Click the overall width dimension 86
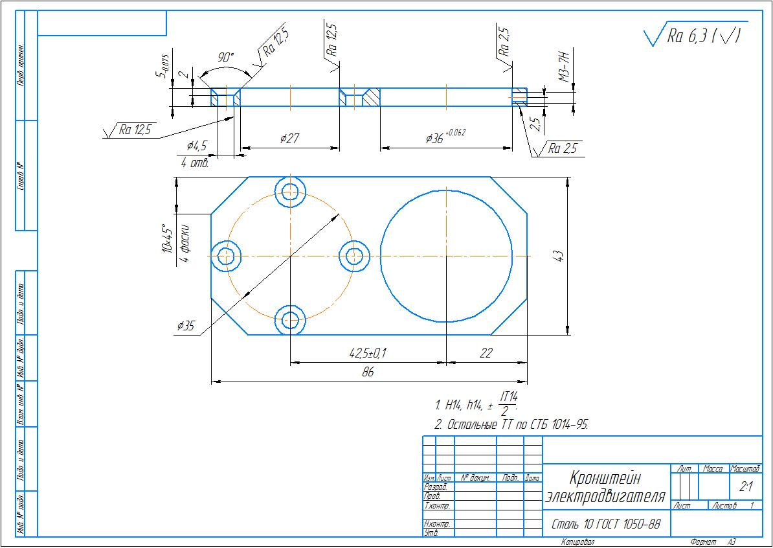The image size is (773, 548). coord(368,372)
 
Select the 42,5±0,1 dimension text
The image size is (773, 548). coord(368,353)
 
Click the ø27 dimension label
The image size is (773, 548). coord(289,138)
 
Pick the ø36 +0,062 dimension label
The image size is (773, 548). coord(445,137)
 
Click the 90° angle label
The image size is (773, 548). coord(225,58)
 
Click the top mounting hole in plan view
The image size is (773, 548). coord(290,190)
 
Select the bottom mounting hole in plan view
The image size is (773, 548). coord(290,319)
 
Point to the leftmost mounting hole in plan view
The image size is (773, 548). coord(226,255)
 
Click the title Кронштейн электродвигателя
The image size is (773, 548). coord(605,488)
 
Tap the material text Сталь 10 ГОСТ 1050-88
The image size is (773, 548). coord(605,524)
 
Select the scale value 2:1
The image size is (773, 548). coord(745,486)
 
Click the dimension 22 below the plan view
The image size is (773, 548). coord(486,353)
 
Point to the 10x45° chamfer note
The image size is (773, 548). coord(168,238)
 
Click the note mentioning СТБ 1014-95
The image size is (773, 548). coord(511,424)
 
